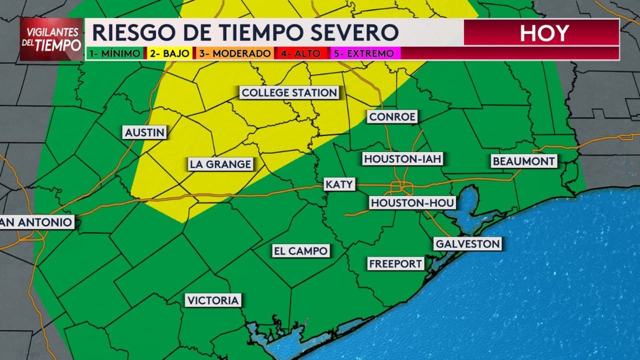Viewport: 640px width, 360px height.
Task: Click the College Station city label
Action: [x=289, y=92]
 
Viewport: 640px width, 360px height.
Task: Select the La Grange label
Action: [x=220, y=164]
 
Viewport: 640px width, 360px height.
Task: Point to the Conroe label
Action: [x=392, y=117]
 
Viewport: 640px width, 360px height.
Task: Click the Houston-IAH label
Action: [x=403, y=159]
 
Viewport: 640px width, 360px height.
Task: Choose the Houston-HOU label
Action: [x=412, y=202]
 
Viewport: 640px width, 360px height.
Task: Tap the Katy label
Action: [x=339, y=184]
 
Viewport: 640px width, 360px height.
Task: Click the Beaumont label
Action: [x=523, y=161]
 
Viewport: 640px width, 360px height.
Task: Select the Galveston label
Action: [x=467, y=244]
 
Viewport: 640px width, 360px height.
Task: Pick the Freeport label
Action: [x=395, y=263]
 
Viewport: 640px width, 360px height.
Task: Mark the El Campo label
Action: [x=301, y=250]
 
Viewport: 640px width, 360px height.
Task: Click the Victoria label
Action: [x=213, y=300]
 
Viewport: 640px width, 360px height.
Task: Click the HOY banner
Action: [x=543, y=33]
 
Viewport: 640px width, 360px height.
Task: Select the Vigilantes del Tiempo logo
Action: [x=51, y=39]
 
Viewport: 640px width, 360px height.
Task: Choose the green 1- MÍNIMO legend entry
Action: [x=115, y=53]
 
